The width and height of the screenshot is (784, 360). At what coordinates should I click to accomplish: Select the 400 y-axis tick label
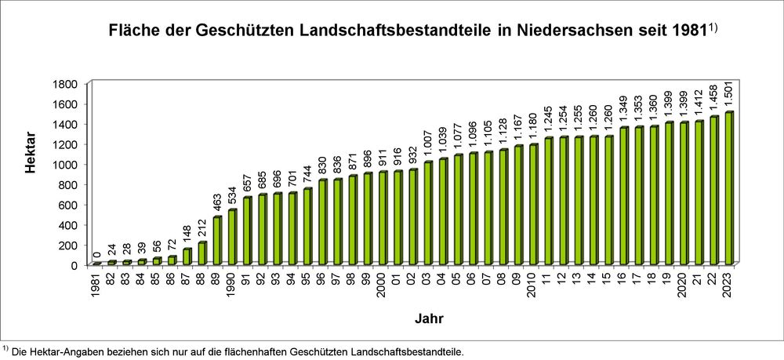[x=67, y=225]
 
